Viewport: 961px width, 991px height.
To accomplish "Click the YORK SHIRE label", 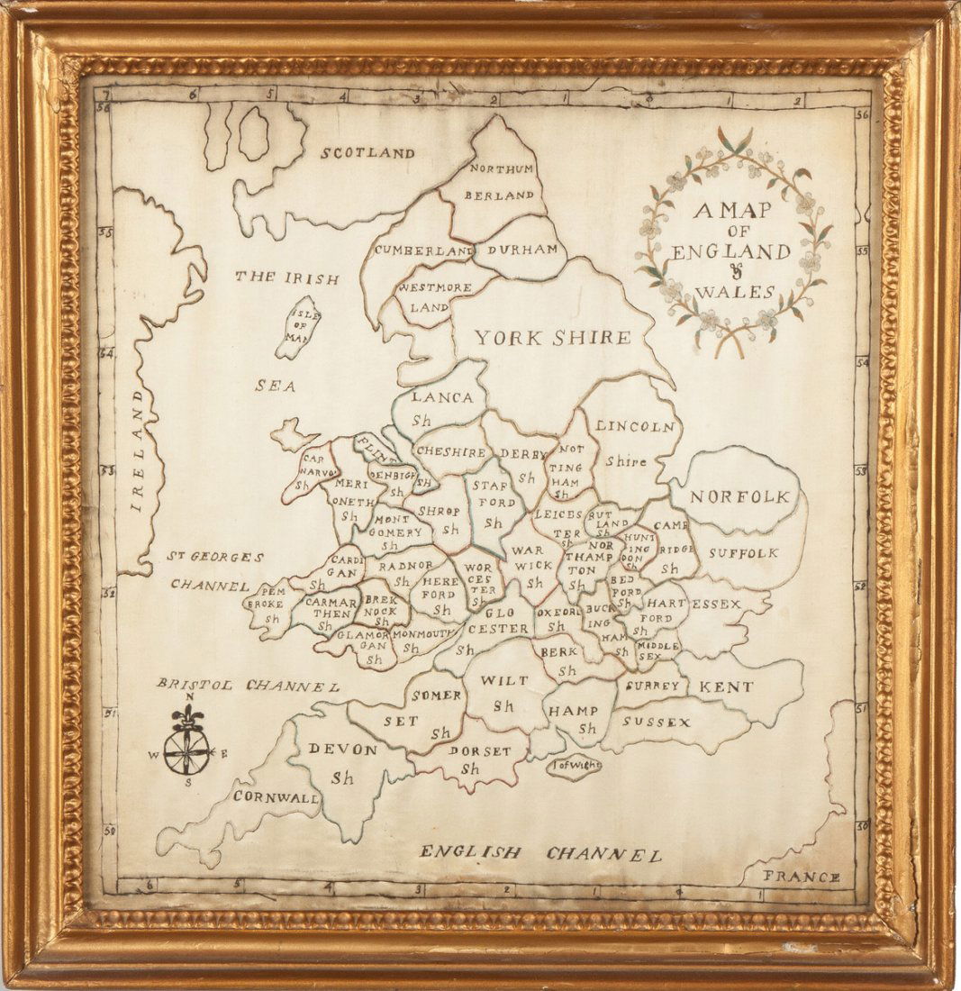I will pos(552,338).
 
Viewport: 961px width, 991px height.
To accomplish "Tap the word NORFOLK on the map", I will pos(740,496).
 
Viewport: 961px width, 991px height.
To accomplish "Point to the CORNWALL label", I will pos(276,796).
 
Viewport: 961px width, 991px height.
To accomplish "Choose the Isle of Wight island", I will pos(574,767).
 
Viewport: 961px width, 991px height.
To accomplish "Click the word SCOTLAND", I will pos(367,153).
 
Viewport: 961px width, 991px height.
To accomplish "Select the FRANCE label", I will pos(801,877).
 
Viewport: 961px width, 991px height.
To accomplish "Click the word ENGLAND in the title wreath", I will pos(730,251).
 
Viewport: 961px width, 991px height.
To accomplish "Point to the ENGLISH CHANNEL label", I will pos(540,853).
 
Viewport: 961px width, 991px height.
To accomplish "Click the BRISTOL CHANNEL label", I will pos(248,686).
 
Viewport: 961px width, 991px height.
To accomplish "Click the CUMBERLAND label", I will pos(423,250).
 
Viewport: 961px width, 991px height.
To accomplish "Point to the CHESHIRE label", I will pos(451,453).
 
